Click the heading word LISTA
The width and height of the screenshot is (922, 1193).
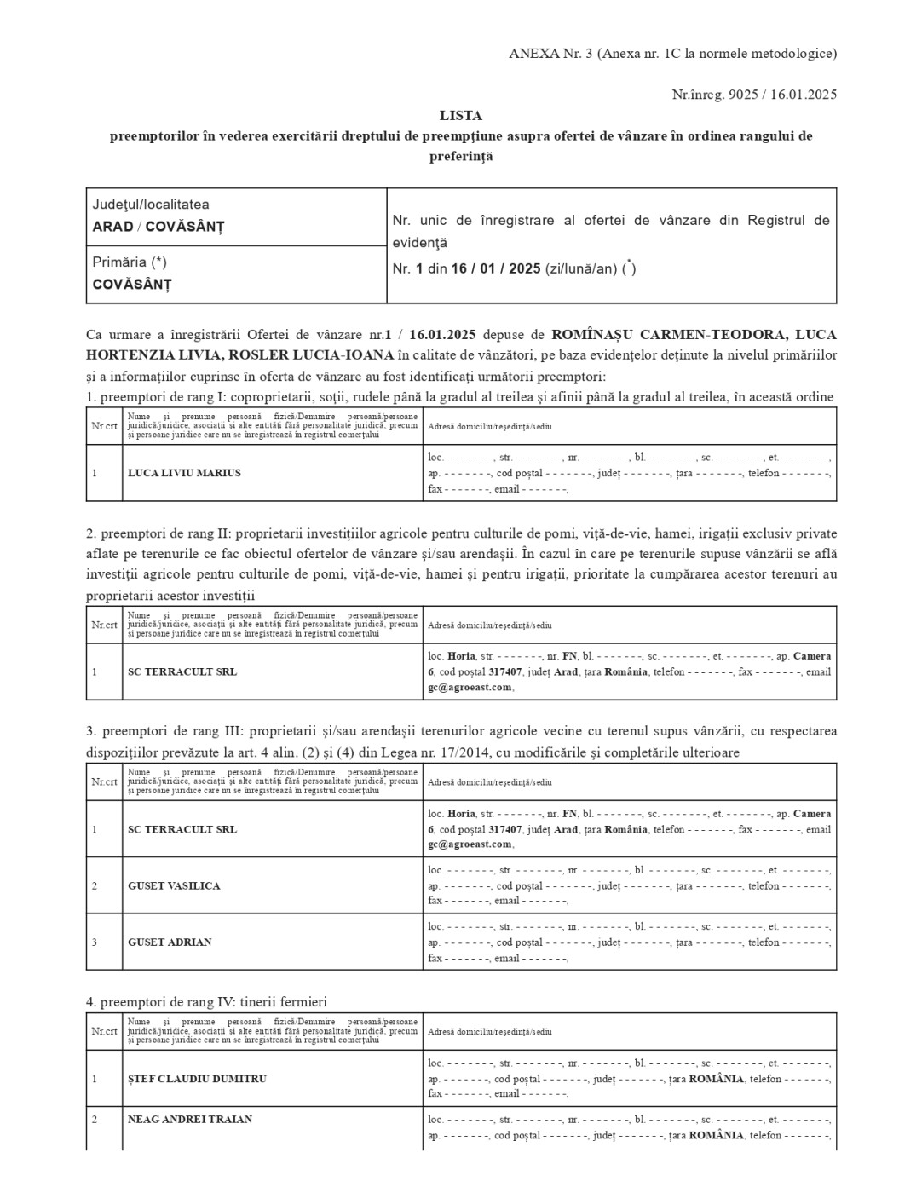coord(461,115)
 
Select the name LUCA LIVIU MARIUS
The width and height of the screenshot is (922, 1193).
coord(184,473)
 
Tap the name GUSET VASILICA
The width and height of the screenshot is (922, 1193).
coord(174,886)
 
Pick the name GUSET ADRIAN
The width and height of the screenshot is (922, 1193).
coord(170,942)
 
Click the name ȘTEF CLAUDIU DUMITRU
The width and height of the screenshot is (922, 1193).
coord(197,1079)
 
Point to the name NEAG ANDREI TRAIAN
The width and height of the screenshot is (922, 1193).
coord(190,1120)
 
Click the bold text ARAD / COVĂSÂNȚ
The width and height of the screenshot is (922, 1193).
coord(158,227)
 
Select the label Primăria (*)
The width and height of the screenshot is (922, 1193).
coord(130,262)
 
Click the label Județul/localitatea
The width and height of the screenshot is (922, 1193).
coord(151,205)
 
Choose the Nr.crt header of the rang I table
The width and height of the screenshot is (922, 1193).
coord(104,426)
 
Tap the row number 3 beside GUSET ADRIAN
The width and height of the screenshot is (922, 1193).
coord(95,942)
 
